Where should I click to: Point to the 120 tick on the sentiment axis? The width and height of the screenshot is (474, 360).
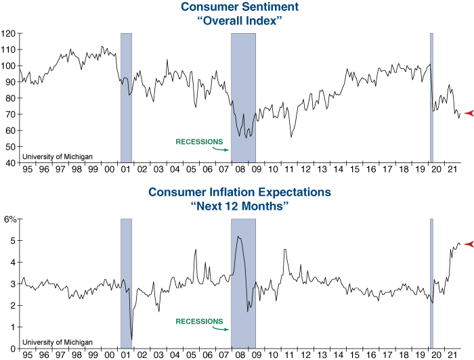(x=8, y=33)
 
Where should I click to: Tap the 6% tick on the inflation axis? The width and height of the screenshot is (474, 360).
(x=10, y=219)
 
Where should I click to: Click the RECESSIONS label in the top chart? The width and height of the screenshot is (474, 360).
(x=198, y=142)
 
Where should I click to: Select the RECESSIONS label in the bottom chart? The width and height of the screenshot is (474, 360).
(x=198, y=321)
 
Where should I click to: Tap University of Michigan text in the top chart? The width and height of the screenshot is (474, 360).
(x=57, y=157)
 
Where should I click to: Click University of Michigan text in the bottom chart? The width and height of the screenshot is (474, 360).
(x=57, y=343)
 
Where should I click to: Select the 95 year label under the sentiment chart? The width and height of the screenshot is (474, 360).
(x=28, y=169)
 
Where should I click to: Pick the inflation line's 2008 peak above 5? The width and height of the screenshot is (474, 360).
(x=238, y=236)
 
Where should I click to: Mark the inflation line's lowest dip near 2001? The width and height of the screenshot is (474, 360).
(x=131, y=338)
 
